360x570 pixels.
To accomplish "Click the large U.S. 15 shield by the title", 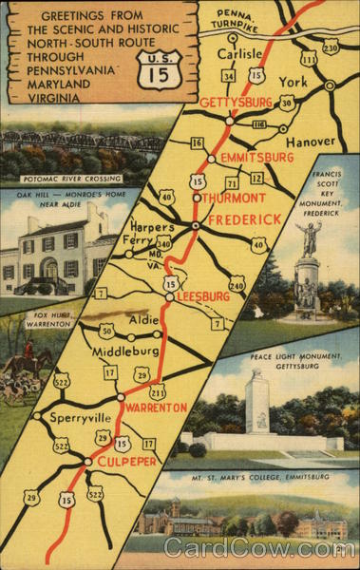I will click(x=155, y=69).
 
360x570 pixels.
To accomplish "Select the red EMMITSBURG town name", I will click(x=251, y=157).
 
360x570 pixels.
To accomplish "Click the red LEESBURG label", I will click(x=203, y=296).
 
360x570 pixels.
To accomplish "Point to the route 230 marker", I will click(x=331, y=47).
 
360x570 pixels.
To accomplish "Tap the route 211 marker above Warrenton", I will click(x=158, y=392).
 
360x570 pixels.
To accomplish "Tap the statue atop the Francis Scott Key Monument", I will click(x=308, y=238).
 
